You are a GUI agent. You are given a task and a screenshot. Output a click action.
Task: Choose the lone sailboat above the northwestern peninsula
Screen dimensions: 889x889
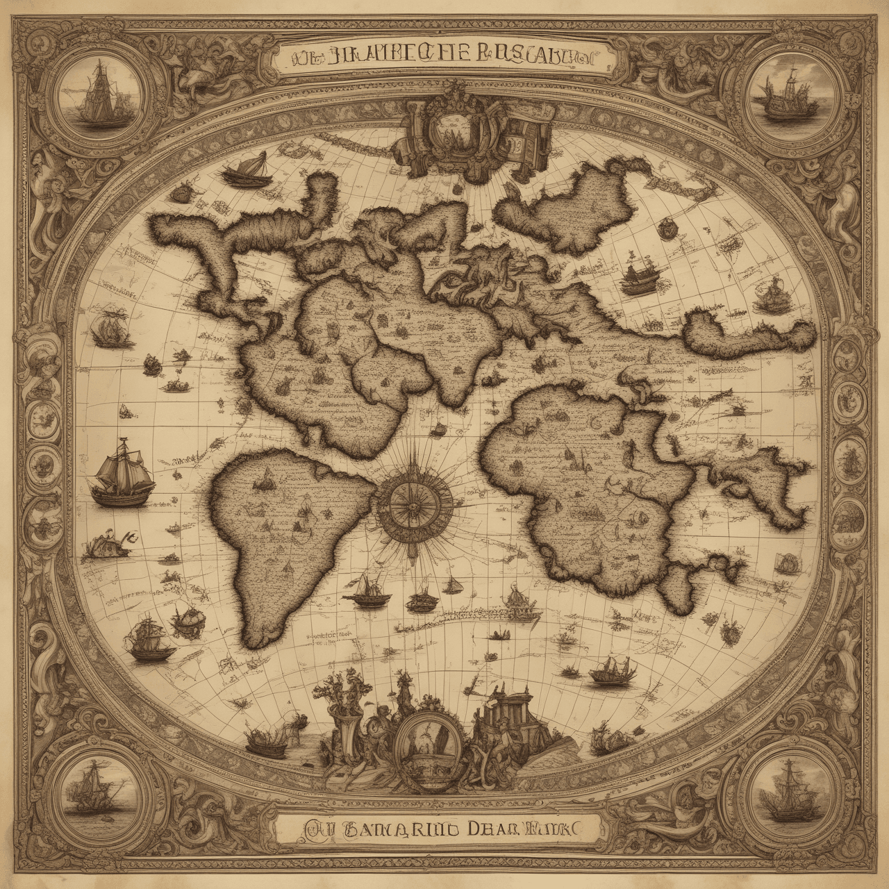(249, 169)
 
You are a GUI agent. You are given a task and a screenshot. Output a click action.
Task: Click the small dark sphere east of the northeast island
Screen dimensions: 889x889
(667, 226)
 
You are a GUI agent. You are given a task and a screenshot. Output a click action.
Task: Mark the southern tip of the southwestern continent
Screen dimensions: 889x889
(258, 635)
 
